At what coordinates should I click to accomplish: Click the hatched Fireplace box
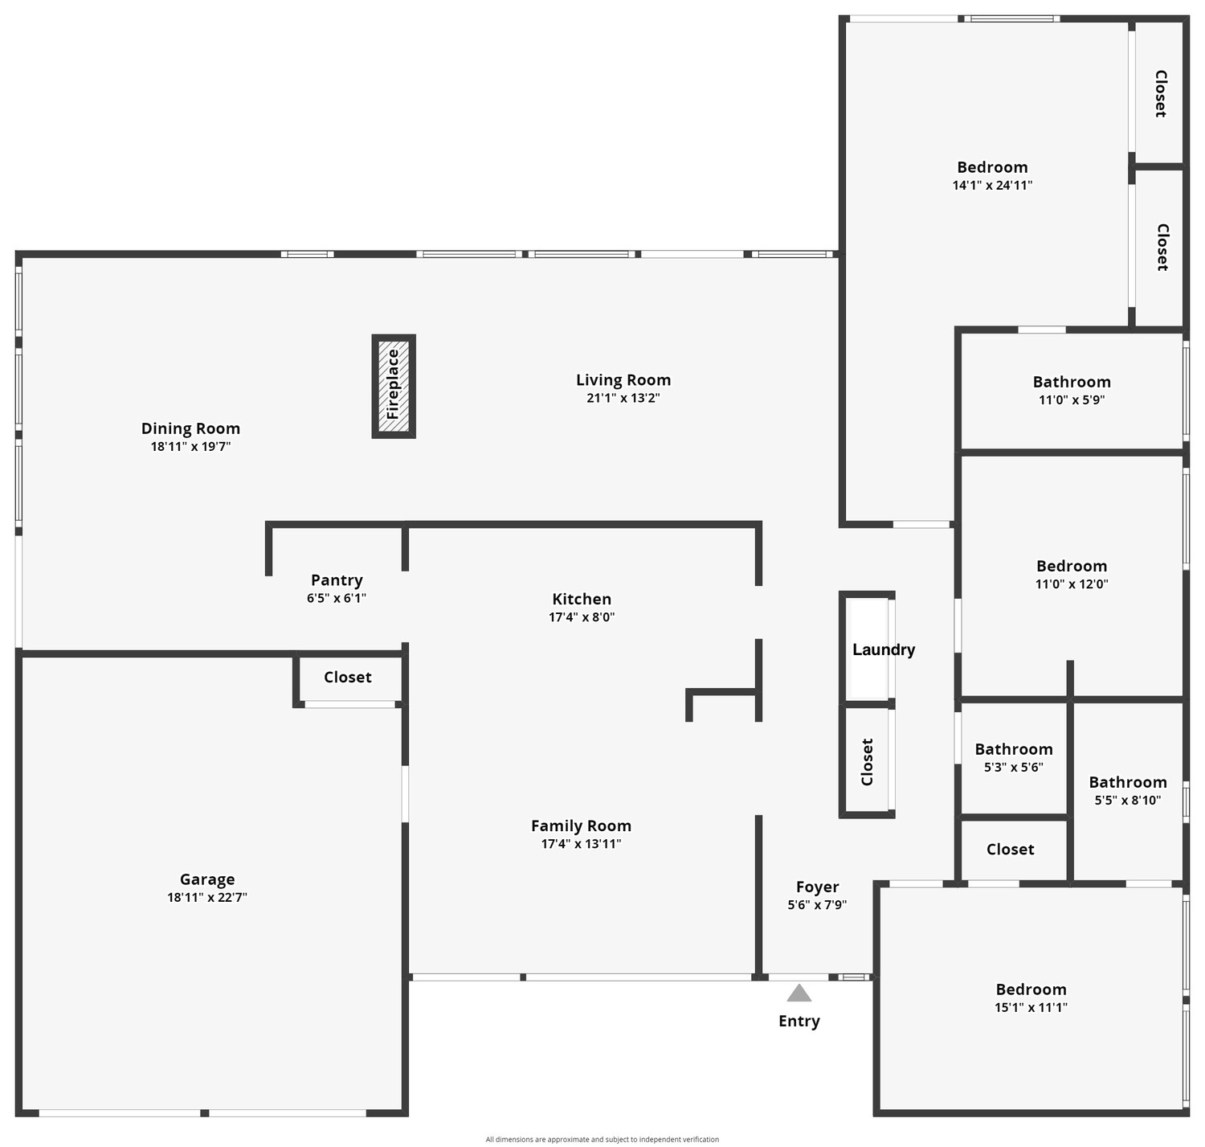(x=394, y=386)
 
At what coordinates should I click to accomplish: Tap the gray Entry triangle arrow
(x=799, y=993)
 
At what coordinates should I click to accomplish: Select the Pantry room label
(x=337, y=580)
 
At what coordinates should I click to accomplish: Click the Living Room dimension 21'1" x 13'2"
(x=623, y=397)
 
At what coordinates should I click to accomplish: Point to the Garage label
(x=207, y=879)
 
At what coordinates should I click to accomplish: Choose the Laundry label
(x=883, y=649)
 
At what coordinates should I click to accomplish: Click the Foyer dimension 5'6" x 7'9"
(x=817, y=904)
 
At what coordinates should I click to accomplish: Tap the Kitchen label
(x=582, y=599)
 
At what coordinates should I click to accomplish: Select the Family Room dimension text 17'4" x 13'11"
(x=581, y=843)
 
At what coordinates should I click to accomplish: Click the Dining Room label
(x=190, y=428)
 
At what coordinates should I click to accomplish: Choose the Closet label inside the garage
(x=348, y=677)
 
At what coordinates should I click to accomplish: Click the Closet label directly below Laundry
(x=867, y=762)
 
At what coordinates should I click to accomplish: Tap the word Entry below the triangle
(x=799, y=1022)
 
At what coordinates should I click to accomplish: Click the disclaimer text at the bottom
(x=602, y=1139)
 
